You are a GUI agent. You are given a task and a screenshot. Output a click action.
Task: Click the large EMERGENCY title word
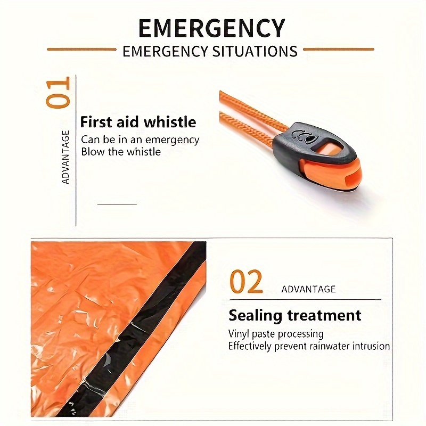pos(211,28)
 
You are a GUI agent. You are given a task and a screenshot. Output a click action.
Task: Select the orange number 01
pos(58,93)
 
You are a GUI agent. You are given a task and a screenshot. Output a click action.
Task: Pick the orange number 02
pos(246,282)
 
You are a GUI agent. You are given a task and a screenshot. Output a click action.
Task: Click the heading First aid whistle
pos(138,122)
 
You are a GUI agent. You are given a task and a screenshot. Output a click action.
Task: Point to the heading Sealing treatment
pos(295,315)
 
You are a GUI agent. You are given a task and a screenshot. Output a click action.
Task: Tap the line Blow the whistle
pos(121,152)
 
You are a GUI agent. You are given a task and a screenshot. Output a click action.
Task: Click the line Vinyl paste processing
pos(276,334)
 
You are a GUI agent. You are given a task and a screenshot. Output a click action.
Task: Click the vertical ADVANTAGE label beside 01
pos(65,157)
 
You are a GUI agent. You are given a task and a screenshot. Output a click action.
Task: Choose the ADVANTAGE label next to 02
pos(308,289)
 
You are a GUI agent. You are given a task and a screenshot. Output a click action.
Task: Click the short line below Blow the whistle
pos(117,204)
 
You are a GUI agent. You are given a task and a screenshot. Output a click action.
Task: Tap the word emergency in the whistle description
pos(172,140)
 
